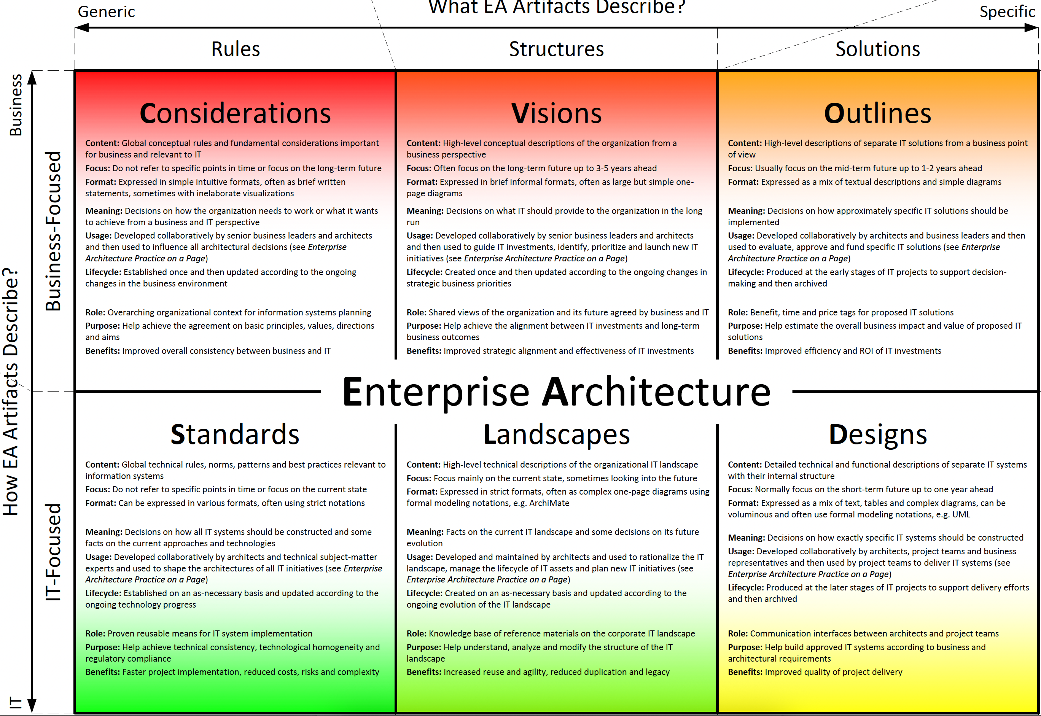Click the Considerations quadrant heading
coord(235,113)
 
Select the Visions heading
coord(556,113)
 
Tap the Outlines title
coord(878,113)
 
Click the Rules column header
coord(236,49)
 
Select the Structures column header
coord(556,49)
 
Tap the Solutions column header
coord(878,49)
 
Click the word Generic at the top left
coord(106,12)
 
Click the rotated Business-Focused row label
coord(53,231)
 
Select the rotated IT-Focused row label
coord(53,552)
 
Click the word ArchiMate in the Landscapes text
coord(549,503)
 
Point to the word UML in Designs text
coord(961,515)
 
